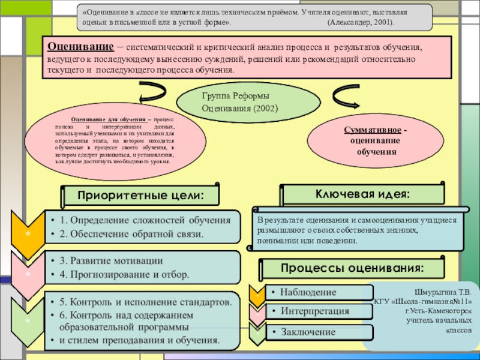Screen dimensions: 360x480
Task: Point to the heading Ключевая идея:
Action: coord(363,194)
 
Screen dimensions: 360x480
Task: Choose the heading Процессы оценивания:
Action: coord(353,267)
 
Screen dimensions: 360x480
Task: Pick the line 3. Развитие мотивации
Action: coord(110,261)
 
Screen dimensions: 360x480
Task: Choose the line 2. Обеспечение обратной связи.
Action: coord(131,233)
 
